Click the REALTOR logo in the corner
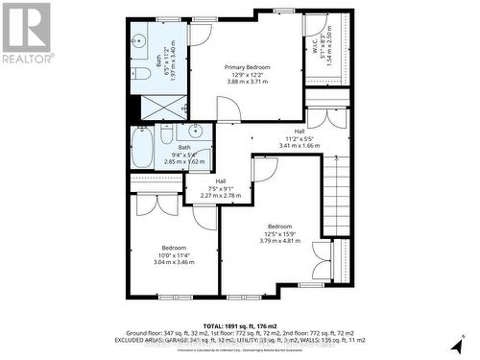[x=26, y=32]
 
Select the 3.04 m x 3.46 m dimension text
[x=174, y=261]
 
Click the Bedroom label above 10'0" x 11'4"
[x=174, y=247]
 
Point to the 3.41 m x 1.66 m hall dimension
[x=299, y=146]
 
